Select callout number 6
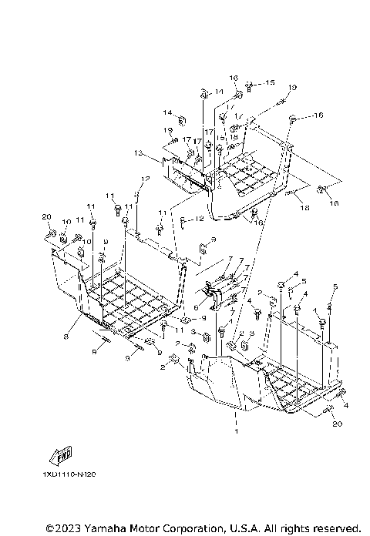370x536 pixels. click(196, 307)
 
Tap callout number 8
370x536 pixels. click(66, 337)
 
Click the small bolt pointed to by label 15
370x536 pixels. click(251, 83)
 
